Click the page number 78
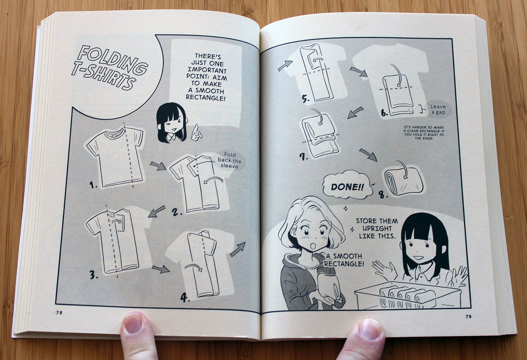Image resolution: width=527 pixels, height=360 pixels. coord(59,313)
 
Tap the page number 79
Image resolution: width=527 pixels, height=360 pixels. coord(468,317)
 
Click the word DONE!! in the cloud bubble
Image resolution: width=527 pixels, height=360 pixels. coord(347,187)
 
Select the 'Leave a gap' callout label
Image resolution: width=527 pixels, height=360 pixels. coord(438,109)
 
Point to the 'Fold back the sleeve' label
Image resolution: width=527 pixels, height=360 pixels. coord(230,161)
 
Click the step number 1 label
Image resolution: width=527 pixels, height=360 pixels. coord(93,185)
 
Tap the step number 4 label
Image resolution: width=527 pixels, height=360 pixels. coord(185,298)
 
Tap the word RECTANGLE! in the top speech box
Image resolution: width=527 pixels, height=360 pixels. coord(206,98)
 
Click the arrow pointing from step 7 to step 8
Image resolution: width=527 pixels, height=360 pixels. coord(368,155)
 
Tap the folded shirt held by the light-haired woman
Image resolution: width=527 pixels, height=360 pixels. coord(328,285)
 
